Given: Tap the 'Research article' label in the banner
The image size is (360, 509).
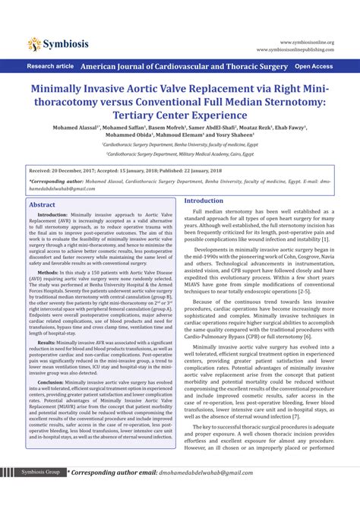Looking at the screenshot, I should tap(50, 67).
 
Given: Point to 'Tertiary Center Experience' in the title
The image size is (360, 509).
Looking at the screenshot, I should tap(180, 115).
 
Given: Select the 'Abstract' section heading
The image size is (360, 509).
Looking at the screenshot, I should tap(42, 205).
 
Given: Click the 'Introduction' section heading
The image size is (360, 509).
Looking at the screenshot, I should tap(204, 201).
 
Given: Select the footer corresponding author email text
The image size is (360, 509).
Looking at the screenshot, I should tap(243, 494).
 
